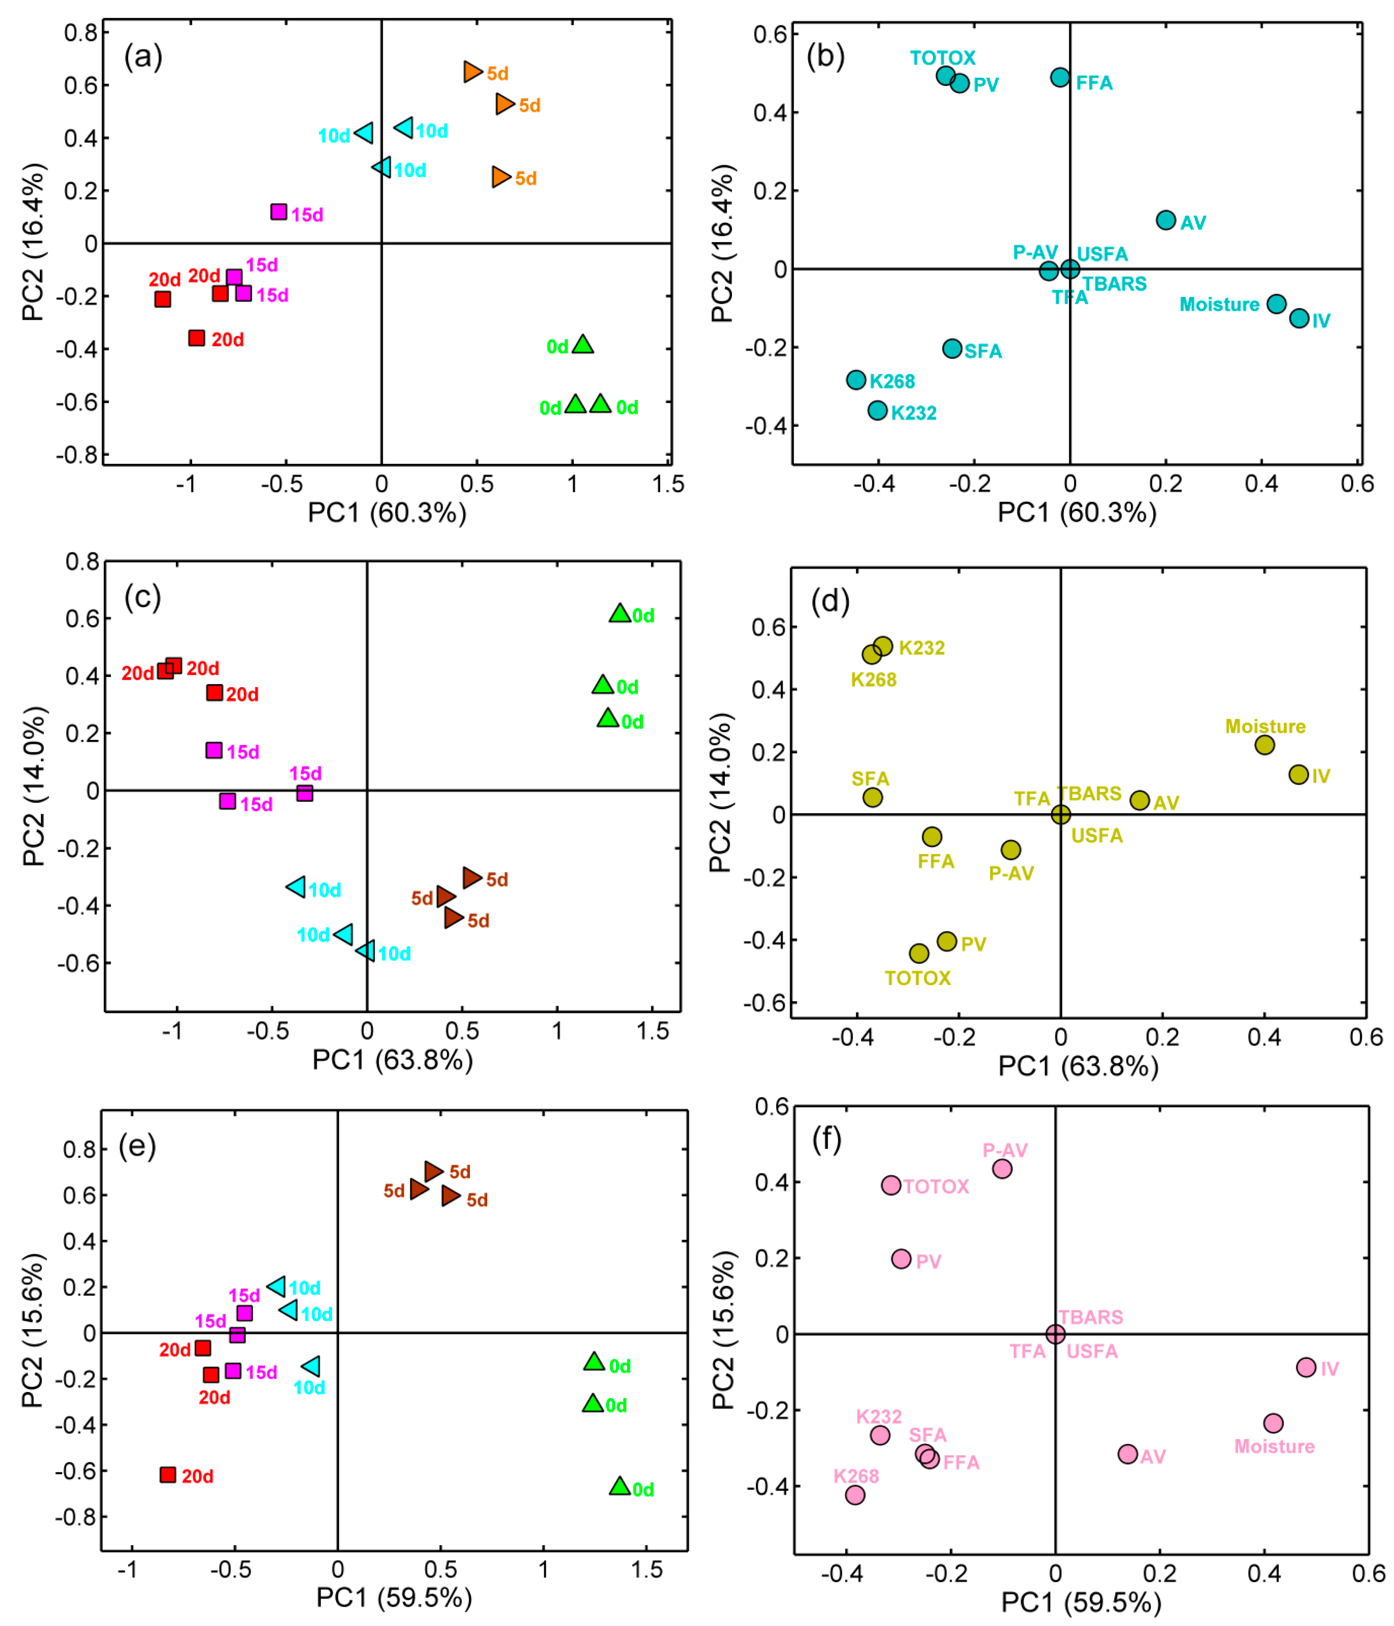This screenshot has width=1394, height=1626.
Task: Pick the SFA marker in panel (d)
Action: pos(872,797)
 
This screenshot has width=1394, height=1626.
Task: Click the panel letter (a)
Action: pos(143,57)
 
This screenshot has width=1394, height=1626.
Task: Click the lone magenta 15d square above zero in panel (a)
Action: pos(279,212)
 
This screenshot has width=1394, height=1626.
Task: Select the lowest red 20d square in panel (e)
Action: pos(168,1475)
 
